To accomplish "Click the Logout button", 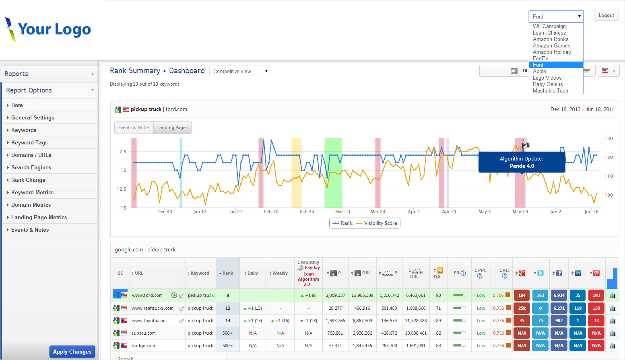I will (606, 16).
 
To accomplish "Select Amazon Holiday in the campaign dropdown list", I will (552, 52).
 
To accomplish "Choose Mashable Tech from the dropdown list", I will (550, 91).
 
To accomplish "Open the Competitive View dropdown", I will (240, 72).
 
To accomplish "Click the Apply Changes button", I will (72, 352).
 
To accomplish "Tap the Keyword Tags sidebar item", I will (29, 143).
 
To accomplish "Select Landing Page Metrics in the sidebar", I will (39, 218).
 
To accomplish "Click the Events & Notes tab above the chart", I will (134, 128).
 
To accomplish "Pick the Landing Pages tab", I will (172, 128).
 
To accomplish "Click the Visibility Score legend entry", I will (380, 223).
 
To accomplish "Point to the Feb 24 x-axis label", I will (307, 212).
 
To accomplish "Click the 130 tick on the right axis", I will (608, 138).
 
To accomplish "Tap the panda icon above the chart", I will (525, 144).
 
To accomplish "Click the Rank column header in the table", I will (228, 274).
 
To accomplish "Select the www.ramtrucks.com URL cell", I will (153, 309).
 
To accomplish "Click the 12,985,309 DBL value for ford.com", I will (362, 296).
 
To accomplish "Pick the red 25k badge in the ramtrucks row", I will (522, 309).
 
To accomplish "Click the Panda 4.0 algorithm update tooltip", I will (522, 162).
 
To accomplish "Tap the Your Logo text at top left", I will (54, 29).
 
